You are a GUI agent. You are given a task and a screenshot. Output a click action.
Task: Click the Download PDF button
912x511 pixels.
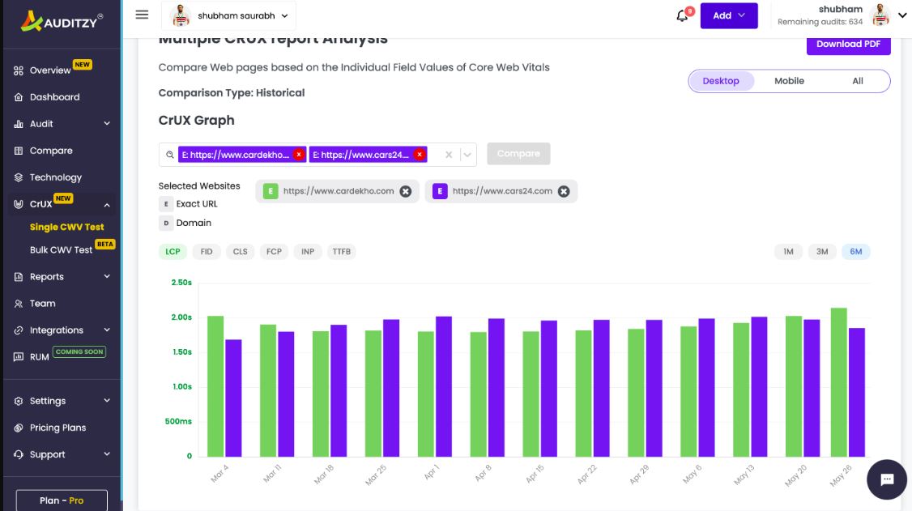pyautogui.click(x=848, y=44)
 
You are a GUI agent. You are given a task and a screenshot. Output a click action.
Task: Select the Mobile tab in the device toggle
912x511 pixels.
pyautogui.click(x=789, y=81)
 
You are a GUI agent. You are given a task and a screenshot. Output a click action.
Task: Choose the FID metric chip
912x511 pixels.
pyautogui.click(x=207, y=252)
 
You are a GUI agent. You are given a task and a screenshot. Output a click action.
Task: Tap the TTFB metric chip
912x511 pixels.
pyautogui.click(x=342, y=252)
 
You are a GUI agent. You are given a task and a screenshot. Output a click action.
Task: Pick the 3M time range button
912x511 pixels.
pyautogui.click(x=822, y=252)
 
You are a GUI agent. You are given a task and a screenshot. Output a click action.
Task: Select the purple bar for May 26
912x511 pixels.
pyautogui.click(x=857, y=392)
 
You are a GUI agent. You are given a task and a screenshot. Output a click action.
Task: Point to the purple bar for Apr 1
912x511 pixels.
pyautogui.click(x=444, y=386)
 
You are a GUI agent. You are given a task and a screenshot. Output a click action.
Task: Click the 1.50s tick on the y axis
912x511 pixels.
pyautogui.click(x=181, y=352)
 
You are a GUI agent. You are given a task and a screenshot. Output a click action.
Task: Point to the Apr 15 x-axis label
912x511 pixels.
pyautogui.click(x=535, y=474)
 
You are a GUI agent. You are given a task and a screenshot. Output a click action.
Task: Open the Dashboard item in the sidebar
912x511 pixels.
pyautogui.click(x=54, y=97)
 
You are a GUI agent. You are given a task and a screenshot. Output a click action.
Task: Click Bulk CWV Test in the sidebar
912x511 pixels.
pyautogui.click(x=62, y=250)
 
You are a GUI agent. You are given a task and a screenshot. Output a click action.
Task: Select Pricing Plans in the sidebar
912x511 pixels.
pyautogui.click(x=58, y=428)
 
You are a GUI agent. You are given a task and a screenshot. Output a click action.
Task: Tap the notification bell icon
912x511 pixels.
pyautogui.click(x=682, y=16)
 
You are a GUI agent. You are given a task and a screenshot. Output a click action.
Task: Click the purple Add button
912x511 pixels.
pyautogui.click(x=729, y=15)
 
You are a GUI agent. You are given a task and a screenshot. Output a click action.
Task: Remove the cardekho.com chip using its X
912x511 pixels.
pyautogui.click(x=406, y=191)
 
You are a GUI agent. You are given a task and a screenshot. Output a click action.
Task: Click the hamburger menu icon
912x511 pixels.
pyautogui.click(x=142, y=15)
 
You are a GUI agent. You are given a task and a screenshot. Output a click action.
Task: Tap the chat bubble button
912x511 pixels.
pyautogui.click(x=887, y=479)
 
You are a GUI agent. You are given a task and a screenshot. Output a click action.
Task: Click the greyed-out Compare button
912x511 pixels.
pyautogui.click(x=518, y=154)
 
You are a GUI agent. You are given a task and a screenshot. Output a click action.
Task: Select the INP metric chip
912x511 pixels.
pyautogui.click(x=308, y=252)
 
